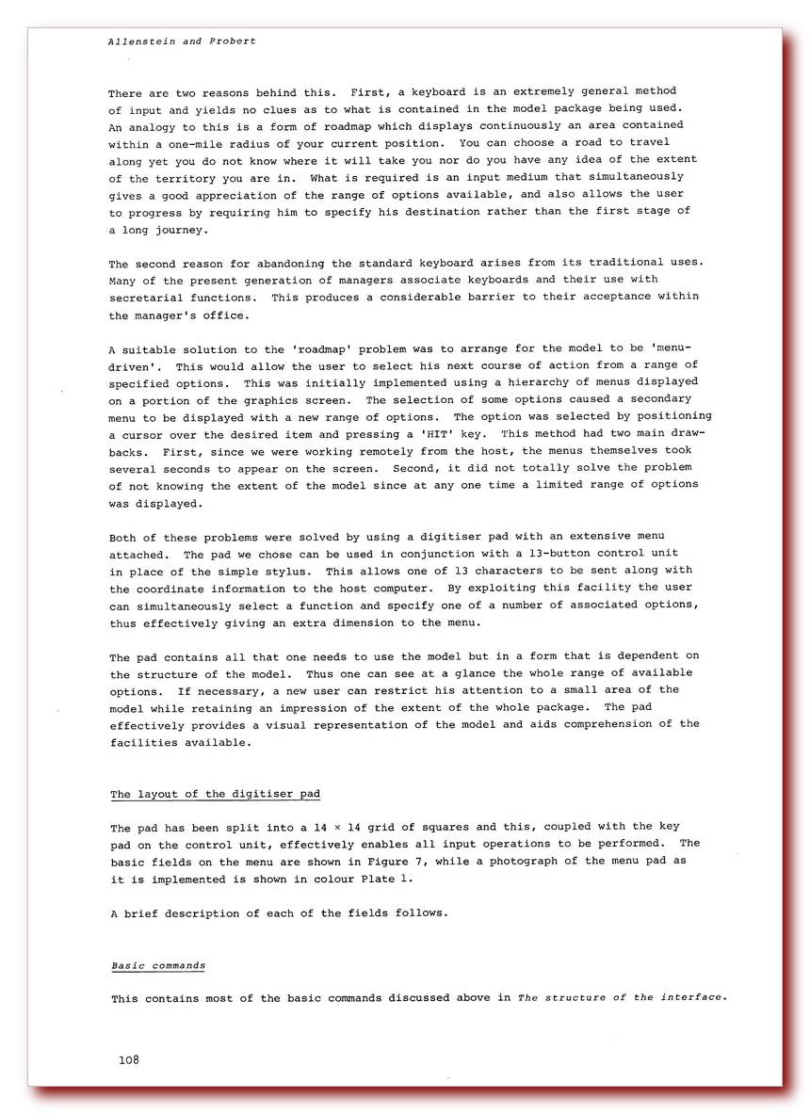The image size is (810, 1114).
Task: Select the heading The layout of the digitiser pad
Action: tap(216, 794)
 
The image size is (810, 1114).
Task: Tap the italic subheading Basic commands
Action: tap(158, 966)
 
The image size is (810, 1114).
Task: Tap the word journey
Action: tap(179, 228)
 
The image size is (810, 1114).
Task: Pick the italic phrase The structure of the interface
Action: tap(622, 997)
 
